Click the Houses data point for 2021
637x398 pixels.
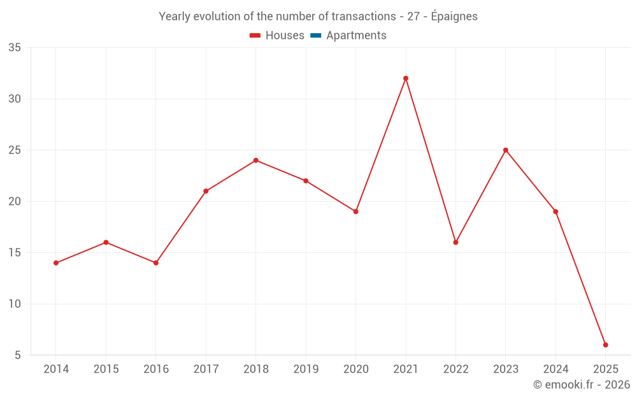click(406, 78)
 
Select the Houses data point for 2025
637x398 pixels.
click(606, 345)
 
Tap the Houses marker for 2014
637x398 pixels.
click(56, 263)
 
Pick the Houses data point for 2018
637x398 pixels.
click(256, 160)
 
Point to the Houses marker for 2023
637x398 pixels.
click(506, 150)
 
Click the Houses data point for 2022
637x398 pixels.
click(455, 242)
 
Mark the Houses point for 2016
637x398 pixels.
click(156, 263)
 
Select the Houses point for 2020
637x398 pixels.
click(356, 211)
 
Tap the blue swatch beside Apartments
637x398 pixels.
click(315, 36)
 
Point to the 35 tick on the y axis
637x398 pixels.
click(15, 48)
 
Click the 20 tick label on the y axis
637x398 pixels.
click(15, 201)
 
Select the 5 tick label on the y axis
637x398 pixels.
click(18, 355)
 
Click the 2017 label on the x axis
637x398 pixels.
click(206, 369)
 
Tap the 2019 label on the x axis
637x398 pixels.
click(306, 369)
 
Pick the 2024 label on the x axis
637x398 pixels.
click(555, 369)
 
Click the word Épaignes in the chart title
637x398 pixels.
click(454, 17)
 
